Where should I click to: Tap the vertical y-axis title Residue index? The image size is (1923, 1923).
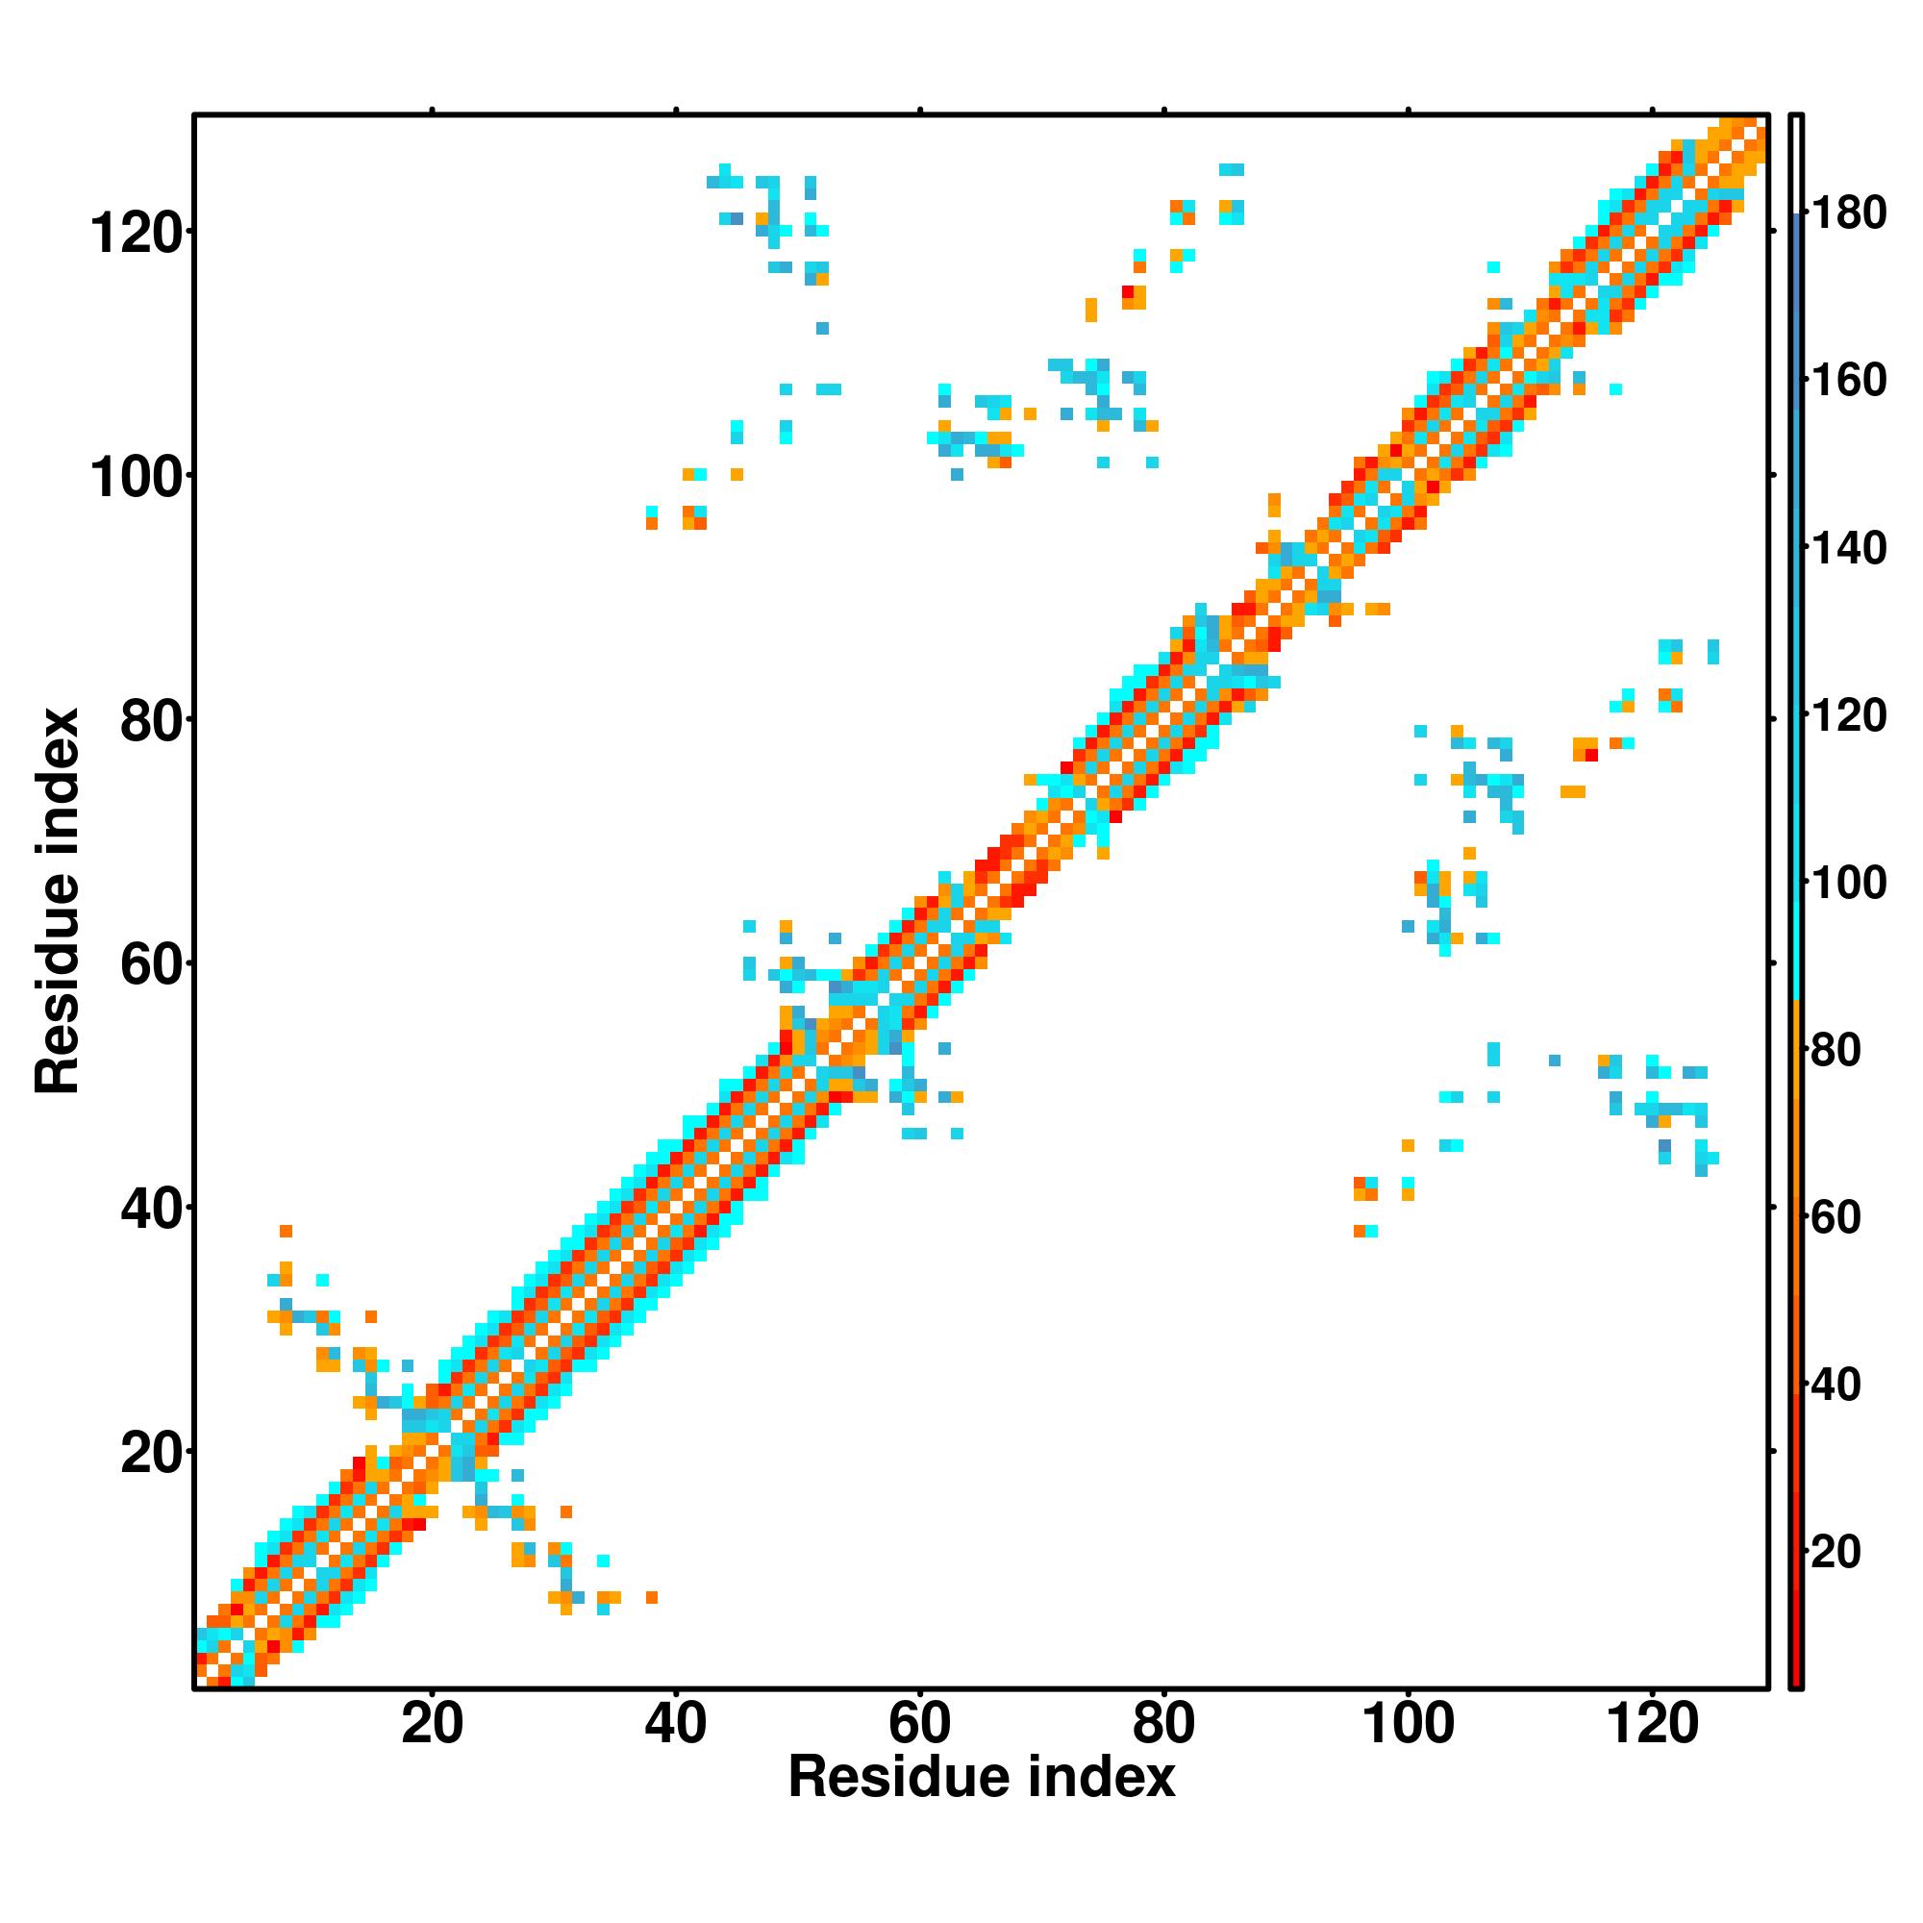pyautogui.click(x=57, y=901)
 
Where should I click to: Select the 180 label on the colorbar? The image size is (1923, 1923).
pyautogui.click(x=1848, y=214)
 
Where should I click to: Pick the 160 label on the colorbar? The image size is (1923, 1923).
pyautogui.click(x=1848, y=381)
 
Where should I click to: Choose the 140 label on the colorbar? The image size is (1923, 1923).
pyautogui.click(x=1848, y=548)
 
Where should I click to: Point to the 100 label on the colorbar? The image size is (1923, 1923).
pyautogui.click(x=1848, y=884)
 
